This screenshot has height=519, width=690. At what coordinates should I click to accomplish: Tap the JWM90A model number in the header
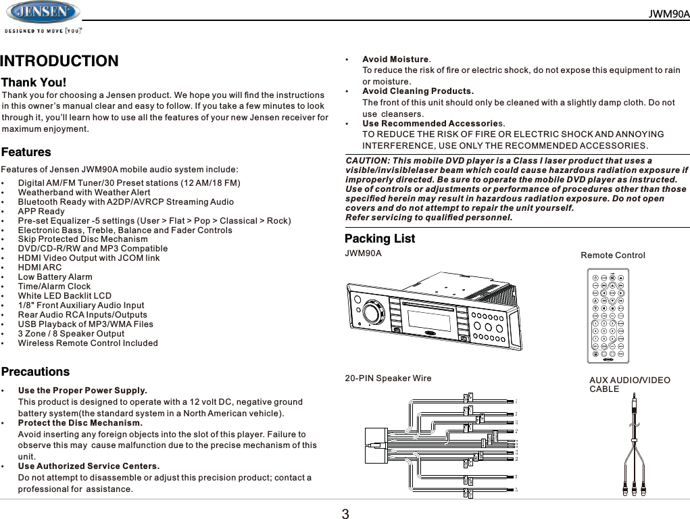(x=669, y=14)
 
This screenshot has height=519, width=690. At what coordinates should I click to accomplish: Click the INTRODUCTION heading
(x=59, y=61)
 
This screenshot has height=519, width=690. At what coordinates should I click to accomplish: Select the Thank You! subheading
(x=34, y=83)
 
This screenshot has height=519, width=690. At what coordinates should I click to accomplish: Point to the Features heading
(x=26, y=153)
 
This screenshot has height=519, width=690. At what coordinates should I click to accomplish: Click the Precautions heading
(x=36, y=372)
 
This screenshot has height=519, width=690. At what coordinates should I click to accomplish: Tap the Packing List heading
(x=380, y=239)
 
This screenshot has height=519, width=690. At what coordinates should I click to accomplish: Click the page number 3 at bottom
(x=345, y=514)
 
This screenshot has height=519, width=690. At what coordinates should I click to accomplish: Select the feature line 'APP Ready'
(x=41, y=212)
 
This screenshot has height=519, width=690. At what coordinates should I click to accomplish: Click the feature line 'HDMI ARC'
(x=40, y=268)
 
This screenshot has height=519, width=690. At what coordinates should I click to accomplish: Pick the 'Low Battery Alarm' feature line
(x=55, y=277)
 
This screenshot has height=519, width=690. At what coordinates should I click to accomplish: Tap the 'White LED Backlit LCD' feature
(x=65, y=296)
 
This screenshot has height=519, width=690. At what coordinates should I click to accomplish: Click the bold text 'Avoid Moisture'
(x=395, y=59)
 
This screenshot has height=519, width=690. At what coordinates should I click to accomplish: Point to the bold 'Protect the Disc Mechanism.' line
(x=80, y=423)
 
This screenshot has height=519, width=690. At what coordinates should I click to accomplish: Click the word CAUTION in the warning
(x=366, y=161)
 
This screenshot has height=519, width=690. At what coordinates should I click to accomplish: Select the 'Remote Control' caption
(x=613, y=255)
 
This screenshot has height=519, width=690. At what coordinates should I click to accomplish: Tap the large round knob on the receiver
(x=371, y=312)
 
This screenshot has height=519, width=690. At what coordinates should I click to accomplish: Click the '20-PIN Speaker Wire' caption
(x=388, y=378)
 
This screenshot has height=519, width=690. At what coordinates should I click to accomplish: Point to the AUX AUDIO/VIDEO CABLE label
(x=630, y=385)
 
